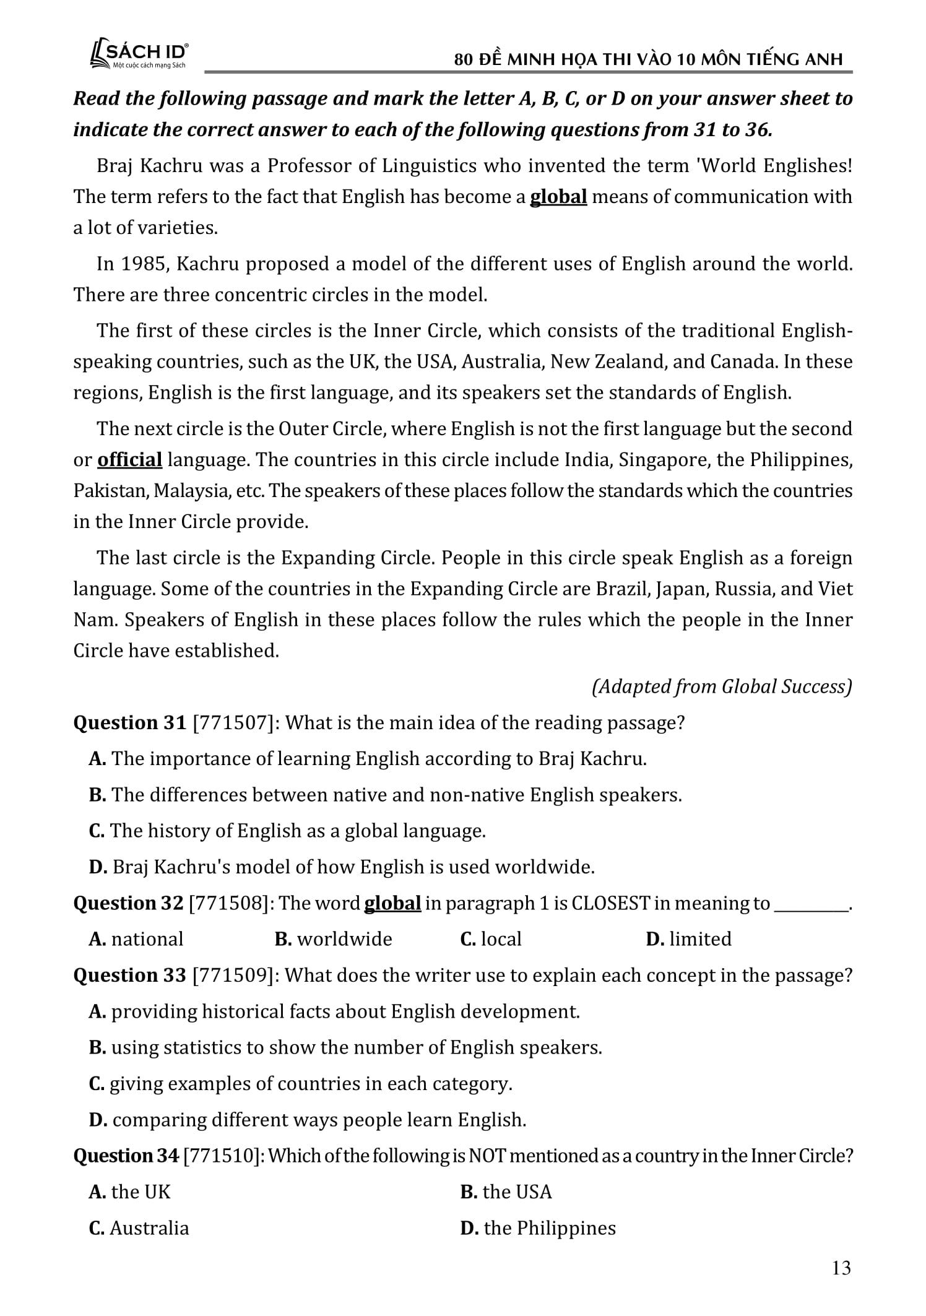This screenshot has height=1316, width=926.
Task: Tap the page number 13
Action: (841, 1268)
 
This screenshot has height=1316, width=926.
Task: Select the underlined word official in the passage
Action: (130, 460)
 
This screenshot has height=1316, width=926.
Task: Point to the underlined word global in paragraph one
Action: (558, 197)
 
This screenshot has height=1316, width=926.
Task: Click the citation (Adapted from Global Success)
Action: (722, 686)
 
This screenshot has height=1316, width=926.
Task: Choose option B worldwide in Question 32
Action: (334, 939)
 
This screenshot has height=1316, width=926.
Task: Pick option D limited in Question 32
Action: (688, 939)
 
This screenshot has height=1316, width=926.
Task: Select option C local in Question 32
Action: (491, 939)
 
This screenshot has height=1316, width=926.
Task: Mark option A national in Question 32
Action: (136, 939)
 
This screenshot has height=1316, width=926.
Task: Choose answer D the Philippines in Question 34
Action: (538, 1228)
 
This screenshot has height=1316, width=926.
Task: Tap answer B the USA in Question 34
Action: (506, 1192)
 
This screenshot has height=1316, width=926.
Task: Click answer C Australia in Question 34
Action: (139, 1228)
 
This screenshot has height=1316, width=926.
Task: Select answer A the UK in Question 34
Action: (130, 1192)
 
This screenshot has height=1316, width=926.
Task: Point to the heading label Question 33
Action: (129, 976)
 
